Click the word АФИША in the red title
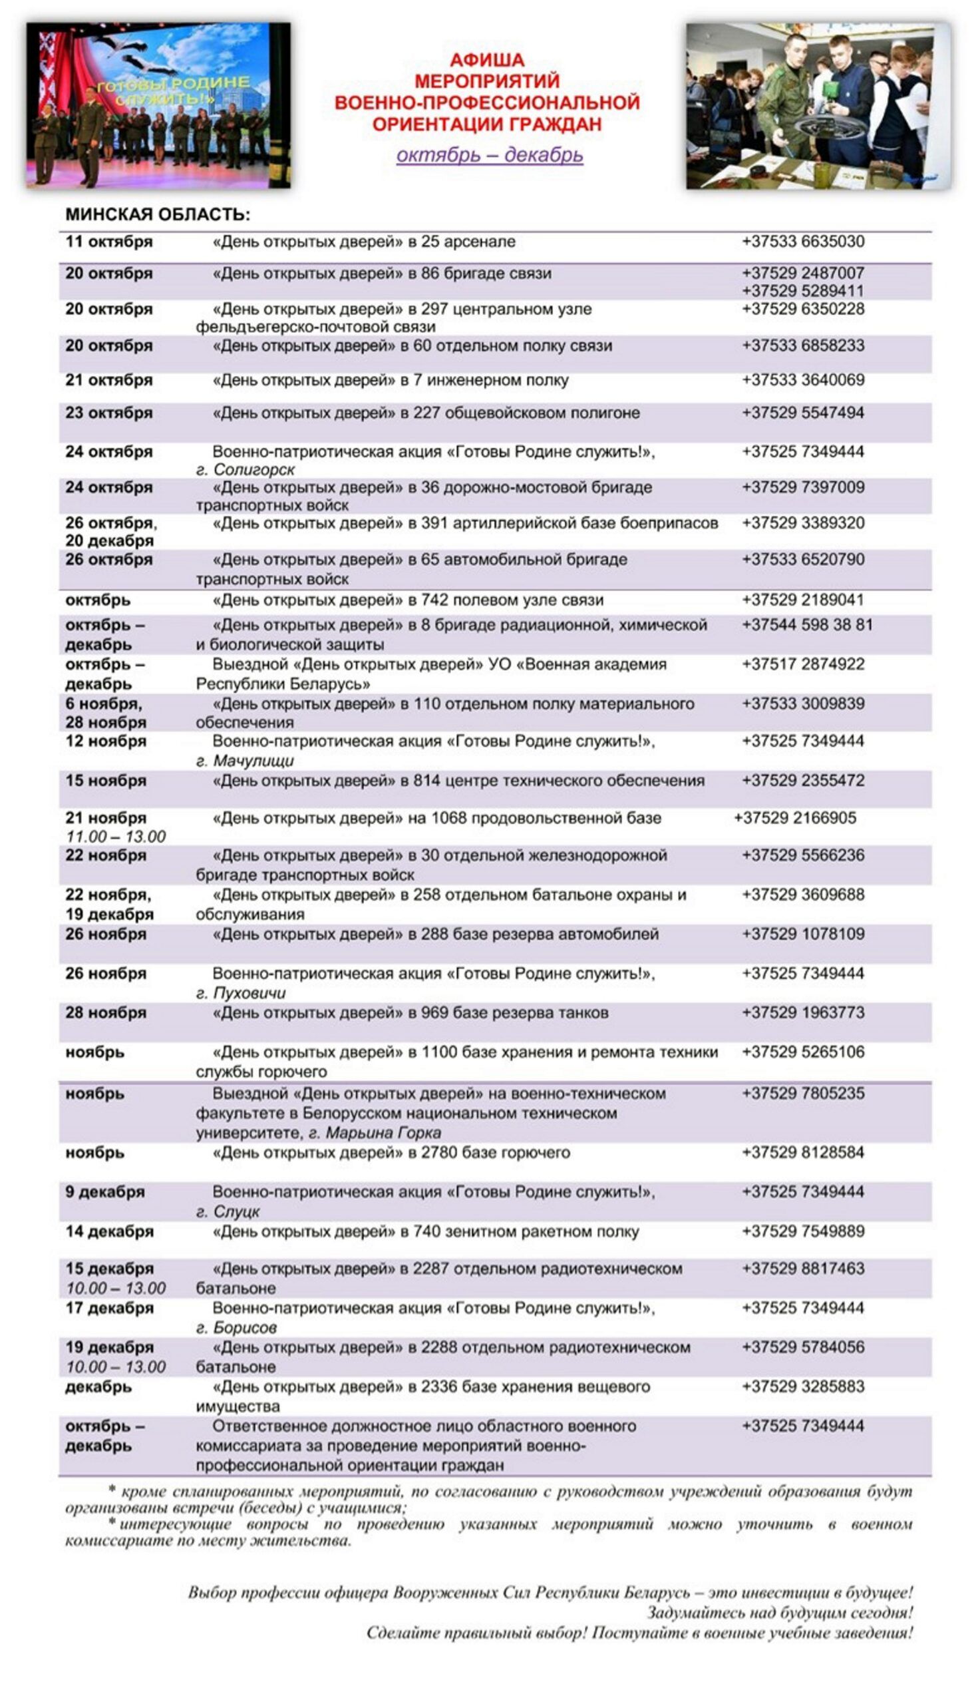(486, 60)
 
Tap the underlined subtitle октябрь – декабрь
(489, 155)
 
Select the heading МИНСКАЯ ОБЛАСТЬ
(158, 215)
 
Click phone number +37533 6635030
(803, 242)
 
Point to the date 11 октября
(109, 242)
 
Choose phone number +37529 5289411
(803, 291)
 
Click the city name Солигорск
(253, 469)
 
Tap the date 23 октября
(109, 413)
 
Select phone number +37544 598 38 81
(807, 625)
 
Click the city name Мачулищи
(253, 761)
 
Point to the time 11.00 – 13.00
(116, 837)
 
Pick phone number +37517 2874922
(803, 664)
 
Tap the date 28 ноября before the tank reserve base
(106, 1012)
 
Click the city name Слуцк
(236, 1211)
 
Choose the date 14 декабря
(109, 1231)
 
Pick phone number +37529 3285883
(803, 1386)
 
